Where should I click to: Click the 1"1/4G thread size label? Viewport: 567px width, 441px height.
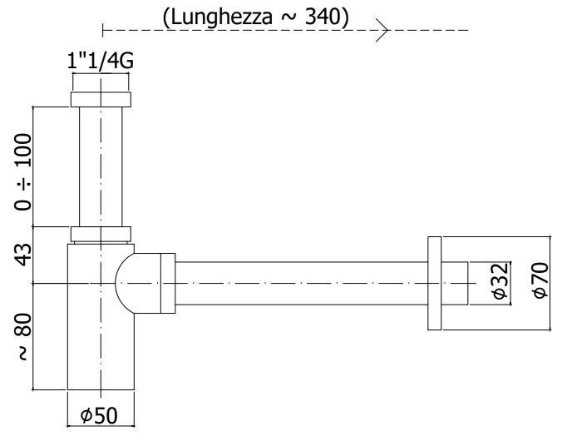100,61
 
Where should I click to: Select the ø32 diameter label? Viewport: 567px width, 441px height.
500,283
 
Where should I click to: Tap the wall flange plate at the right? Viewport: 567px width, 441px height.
433,283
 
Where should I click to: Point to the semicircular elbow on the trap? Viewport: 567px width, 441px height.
133,283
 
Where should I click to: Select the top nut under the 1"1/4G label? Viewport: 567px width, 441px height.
100,98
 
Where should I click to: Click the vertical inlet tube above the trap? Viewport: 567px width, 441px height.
100,166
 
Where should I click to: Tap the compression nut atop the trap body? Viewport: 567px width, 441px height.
100,234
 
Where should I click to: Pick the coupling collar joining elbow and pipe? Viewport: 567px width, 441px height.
167,283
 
